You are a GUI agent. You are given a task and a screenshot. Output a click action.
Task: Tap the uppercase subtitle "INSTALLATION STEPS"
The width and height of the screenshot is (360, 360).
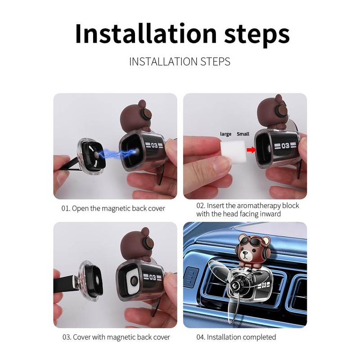coord(180,62)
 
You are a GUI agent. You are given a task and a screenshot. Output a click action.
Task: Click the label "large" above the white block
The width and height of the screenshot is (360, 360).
coord(225,134)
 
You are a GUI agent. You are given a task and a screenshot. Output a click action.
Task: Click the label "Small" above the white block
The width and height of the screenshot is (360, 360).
coord(243,134)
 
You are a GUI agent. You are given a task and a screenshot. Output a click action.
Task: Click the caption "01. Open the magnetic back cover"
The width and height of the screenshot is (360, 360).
coord(113,208)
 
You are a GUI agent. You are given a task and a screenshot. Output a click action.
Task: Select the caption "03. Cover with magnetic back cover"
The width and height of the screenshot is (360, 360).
coord(116,337)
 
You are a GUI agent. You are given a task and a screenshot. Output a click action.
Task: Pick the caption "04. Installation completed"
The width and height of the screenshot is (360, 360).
coord(236,337)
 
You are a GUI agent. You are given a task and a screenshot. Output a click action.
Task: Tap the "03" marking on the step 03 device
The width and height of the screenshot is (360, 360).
coord(153,277)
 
